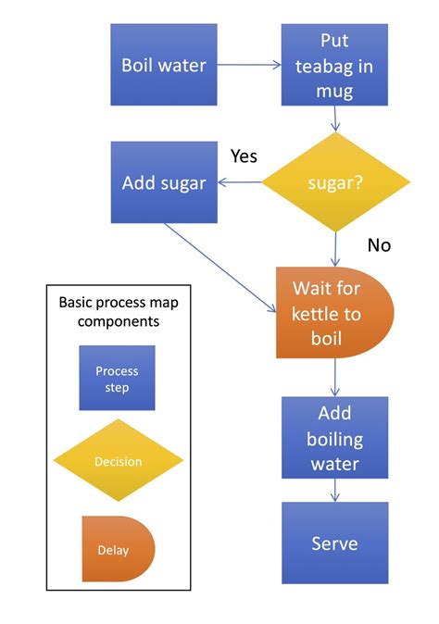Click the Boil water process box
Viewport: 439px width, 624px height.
click(x=164, y=65)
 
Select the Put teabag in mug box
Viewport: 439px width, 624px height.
click(x=334, y=65)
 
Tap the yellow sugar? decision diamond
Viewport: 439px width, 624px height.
click(x=334, y=182)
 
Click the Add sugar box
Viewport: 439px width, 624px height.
click(x=164, y=182)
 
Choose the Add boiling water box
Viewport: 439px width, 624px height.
click(x=334, y=438)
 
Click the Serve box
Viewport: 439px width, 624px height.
click(x=334, y=543)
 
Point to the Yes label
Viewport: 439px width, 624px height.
click(x=243, y=156)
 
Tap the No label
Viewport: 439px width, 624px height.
click(x=378, y=244)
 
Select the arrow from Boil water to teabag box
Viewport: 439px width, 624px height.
click(x=249, y=65)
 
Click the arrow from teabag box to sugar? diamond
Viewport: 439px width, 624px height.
click(x=334, y=119)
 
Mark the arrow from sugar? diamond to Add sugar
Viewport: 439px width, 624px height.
click(x=240, y=182)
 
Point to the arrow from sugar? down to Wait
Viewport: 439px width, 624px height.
click(x=334, y=248)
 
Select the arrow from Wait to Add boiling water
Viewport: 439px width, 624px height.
click(x=334, y=378)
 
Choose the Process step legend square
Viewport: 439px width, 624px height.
click(x=117, y=378)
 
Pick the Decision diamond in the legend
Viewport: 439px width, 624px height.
click(x=117, y=461)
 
